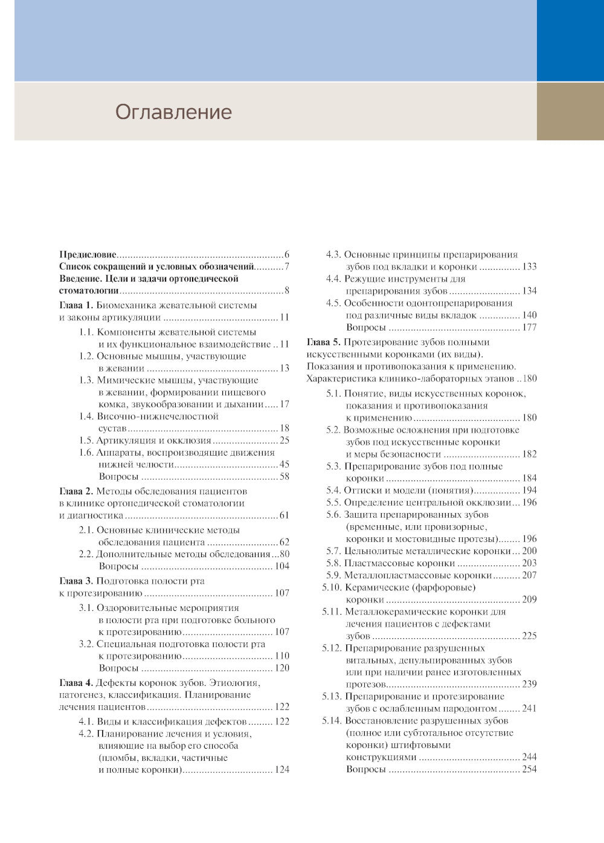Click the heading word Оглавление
(x=173, y=112)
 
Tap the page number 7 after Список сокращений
(x=287, y=266)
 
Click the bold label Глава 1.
(x=76, y=305)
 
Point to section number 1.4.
(x=87, y=416)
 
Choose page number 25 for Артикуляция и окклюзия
(x=284, y=441)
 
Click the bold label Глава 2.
(x=76, y=491)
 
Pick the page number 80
(x=284, y=554)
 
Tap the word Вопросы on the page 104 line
(x=118, y=566)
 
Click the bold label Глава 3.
(x=76, y=581)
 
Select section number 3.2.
(x=87, y=644)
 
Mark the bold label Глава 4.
(x=76, y=683)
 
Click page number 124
(x=281, y=770)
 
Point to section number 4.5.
(x=334, y=303)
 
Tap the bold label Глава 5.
(x=324, y=343)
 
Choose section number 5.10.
(x=332, y=587)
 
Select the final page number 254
(x=529, y=769)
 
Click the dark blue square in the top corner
(x=570, y=40)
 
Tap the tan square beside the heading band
(x=570, y=112)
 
